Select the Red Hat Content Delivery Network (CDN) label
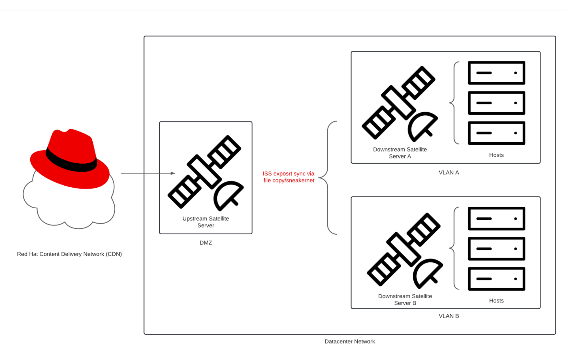[x=69, y=254]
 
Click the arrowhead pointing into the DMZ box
[x=173, y=173]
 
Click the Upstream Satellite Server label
[x=206, y=222]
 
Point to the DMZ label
[x=206, y=243]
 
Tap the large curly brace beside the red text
[x=327, y=178]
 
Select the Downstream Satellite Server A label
[x=400, y=153]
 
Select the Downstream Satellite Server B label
[x=405, y=299]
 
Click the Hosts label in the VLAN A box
[x=496, y=155]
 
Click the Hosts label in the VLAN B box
[x=496, y=301]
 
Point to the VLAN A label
[x=449, y=173]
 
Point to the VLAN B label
[x=449, y=316]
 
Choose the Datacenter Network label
[x=350, y=342]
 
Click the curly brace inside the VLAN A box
[x=454, y=103]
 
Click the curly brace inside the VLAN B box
[x=454, y=248]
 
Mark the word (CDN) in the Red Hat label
[x=114, y=254]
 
